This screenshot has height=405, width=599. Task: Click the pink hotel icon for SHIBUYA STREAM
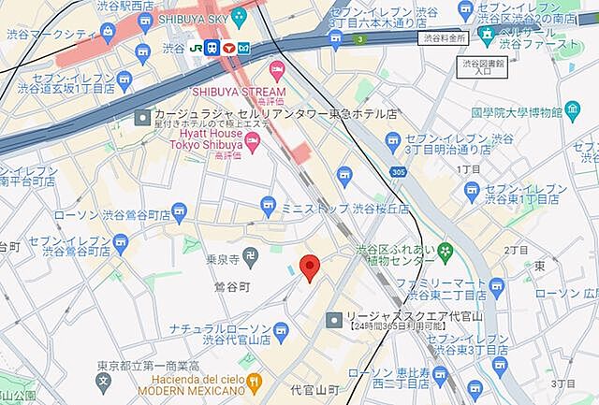pos(276,70)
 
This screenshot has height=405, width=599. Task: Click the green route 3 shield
pos(358,40)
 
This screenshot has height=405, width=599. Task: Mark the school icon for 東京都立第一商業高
pos(101,382)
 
